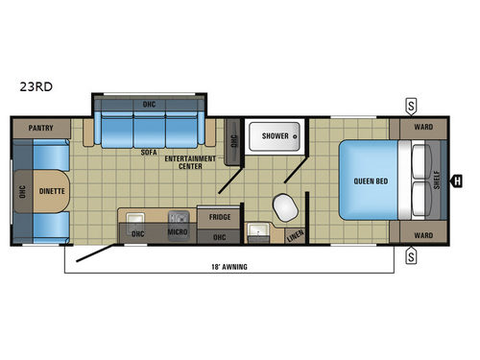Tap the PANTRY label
pos(39,127)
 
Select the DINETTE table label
pos(52,190)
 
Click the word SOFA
pos(148,152)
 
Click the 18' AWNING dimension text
pos(231,267)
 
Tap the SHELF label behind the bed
pos(437,180)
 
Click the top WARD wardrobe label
pos(423,127)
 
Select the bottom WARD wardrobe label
pos(423,233)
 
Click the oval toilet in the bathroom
pos(284,206)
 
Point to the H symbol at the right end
pos(456,178)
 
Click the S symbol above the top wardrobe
pos(411,105)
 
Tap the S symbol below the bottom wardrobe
pos(411,254)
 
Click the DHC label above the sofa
pos(149,103)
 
